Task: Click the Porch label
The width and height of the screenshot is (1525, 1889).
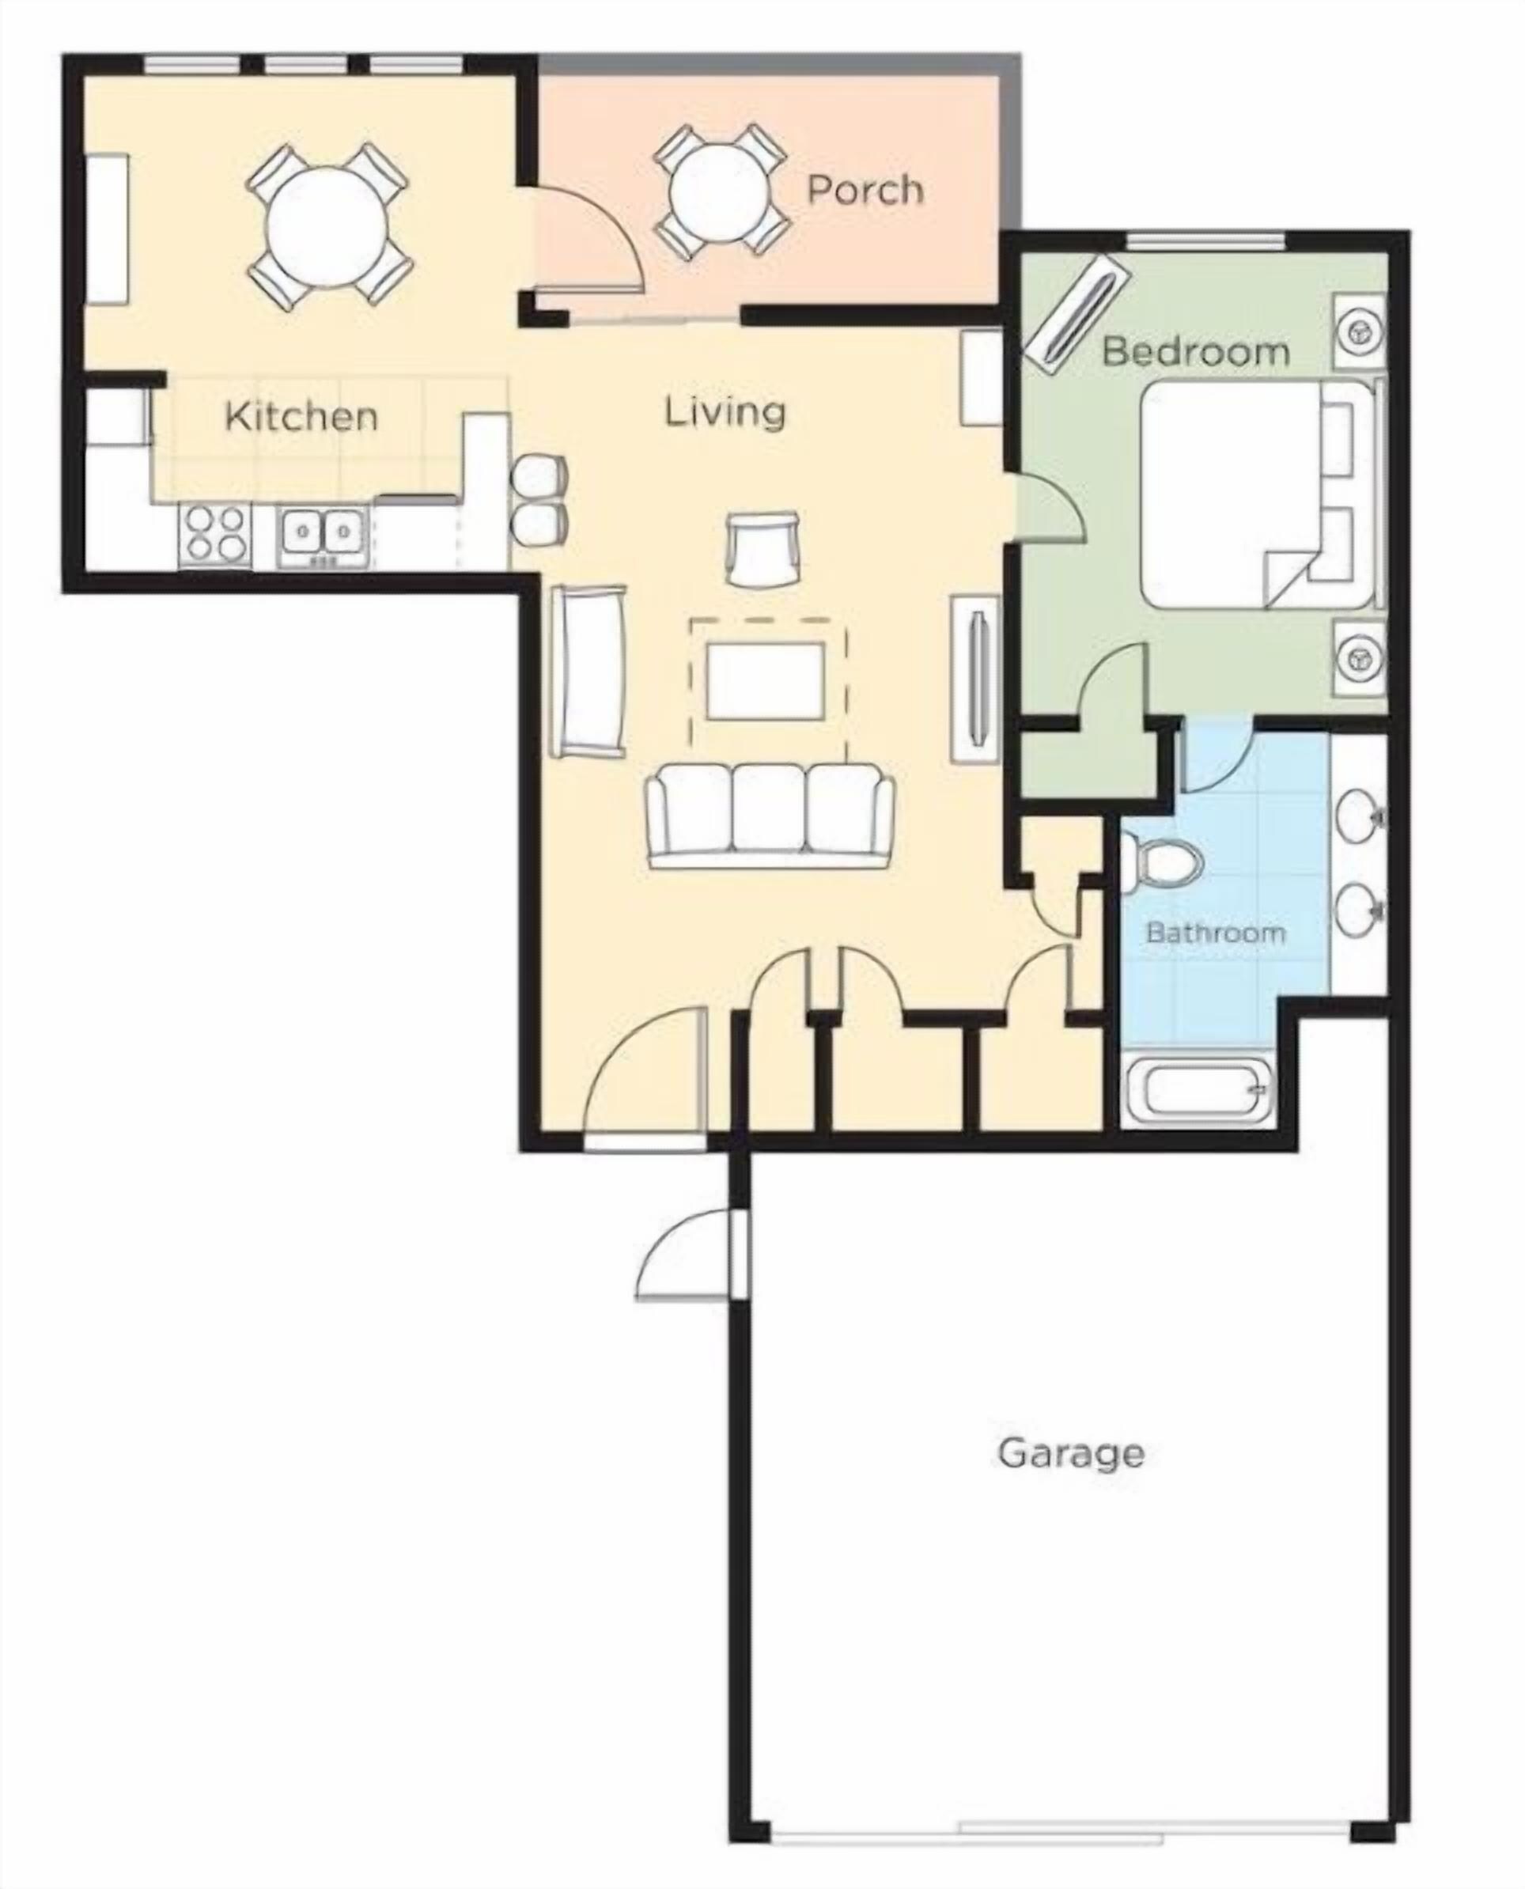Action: tap(865, 190)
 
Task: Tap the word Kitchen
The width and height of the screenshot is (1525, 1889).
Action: tap(301, 415)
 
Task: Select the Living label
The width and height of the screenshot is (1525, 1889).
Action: tap(724, 412)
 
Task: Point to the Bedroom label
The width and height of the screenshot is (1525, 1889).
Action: tap(1196, 351)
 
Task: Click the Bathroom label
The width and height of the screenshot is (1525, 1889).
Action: tap(1215, 932)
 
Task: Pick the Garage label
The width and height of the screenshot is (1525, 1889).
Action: tap(1071, 1452)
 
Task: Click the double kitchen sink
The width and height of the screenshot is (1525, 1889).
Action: tap(323, 535)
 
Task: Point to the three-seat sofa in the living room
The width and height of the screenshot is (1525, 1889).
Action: tap(770, 815)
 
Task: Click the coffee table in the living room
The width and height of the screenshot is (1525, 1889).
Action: tap(766, 681)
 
